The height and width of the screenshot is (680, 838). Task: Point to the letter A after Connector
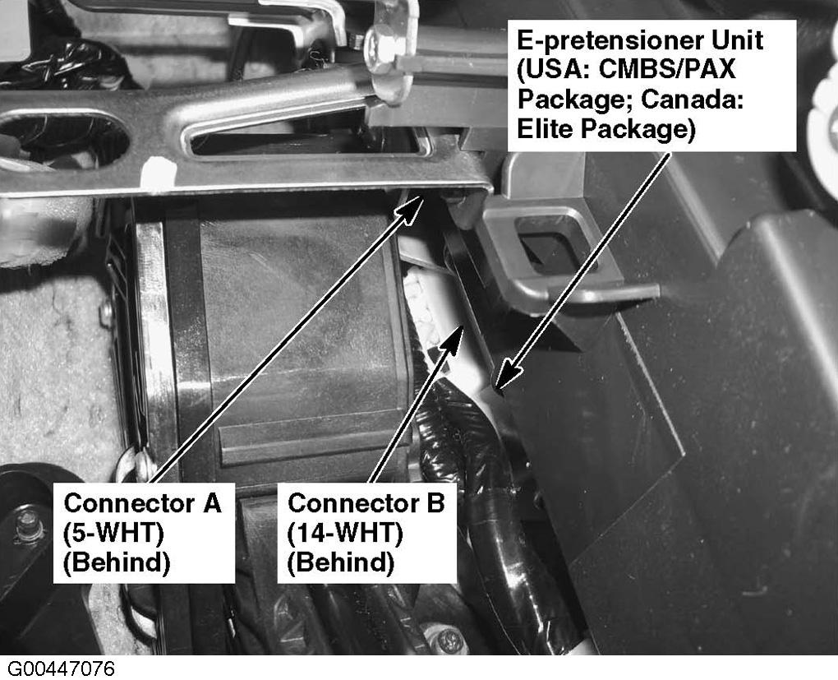(211, 503)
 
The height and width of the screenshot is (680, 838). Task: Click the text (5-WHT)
(113, 533)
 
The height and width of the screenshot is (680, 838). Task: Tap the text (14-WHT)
(345, 533)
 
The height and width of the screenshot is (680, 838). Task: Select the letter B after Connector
(435, 503)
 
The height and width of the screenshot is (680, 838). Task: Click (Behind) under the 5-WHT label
(117, 562)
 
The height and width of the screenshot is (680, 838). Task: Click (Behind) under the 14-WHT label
(340, 562)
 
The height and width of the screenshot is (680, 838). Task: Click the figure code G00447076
(61, 668)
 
